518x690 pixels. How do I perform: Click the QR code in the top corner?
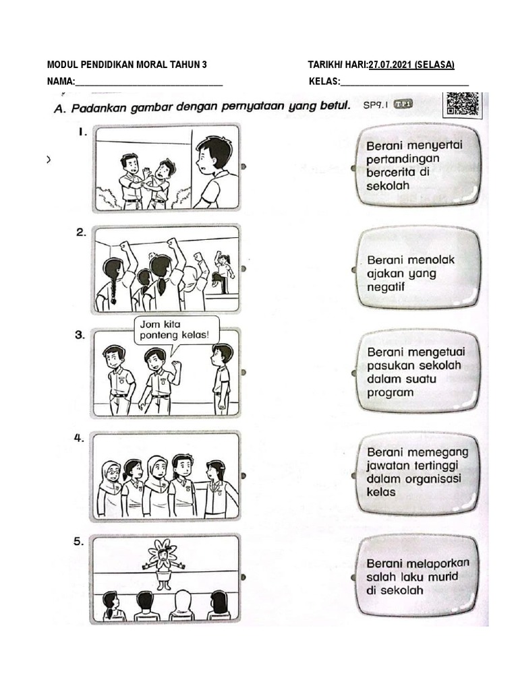(x=463, y=106)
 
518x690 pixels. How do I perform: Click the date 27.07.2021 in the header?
(x=391, y=65)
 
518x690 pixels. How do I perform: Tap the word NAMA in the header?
(x=59, y=82)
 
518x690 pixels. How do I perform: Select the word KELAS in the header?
(x=322, y=82)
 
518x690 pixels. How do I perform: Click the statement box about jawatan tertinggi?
(x=417, y=471)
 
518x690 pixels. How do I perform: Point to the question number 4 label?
(x=80, y=438)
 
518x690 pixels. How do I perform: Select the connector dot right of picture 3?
(x=243, y=372)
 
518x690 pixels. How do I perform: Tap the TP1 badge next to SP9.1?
(x=403, y=104)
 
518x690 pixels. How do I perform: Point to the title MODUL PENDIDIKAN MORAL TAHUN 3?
(x=127, y=65)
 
